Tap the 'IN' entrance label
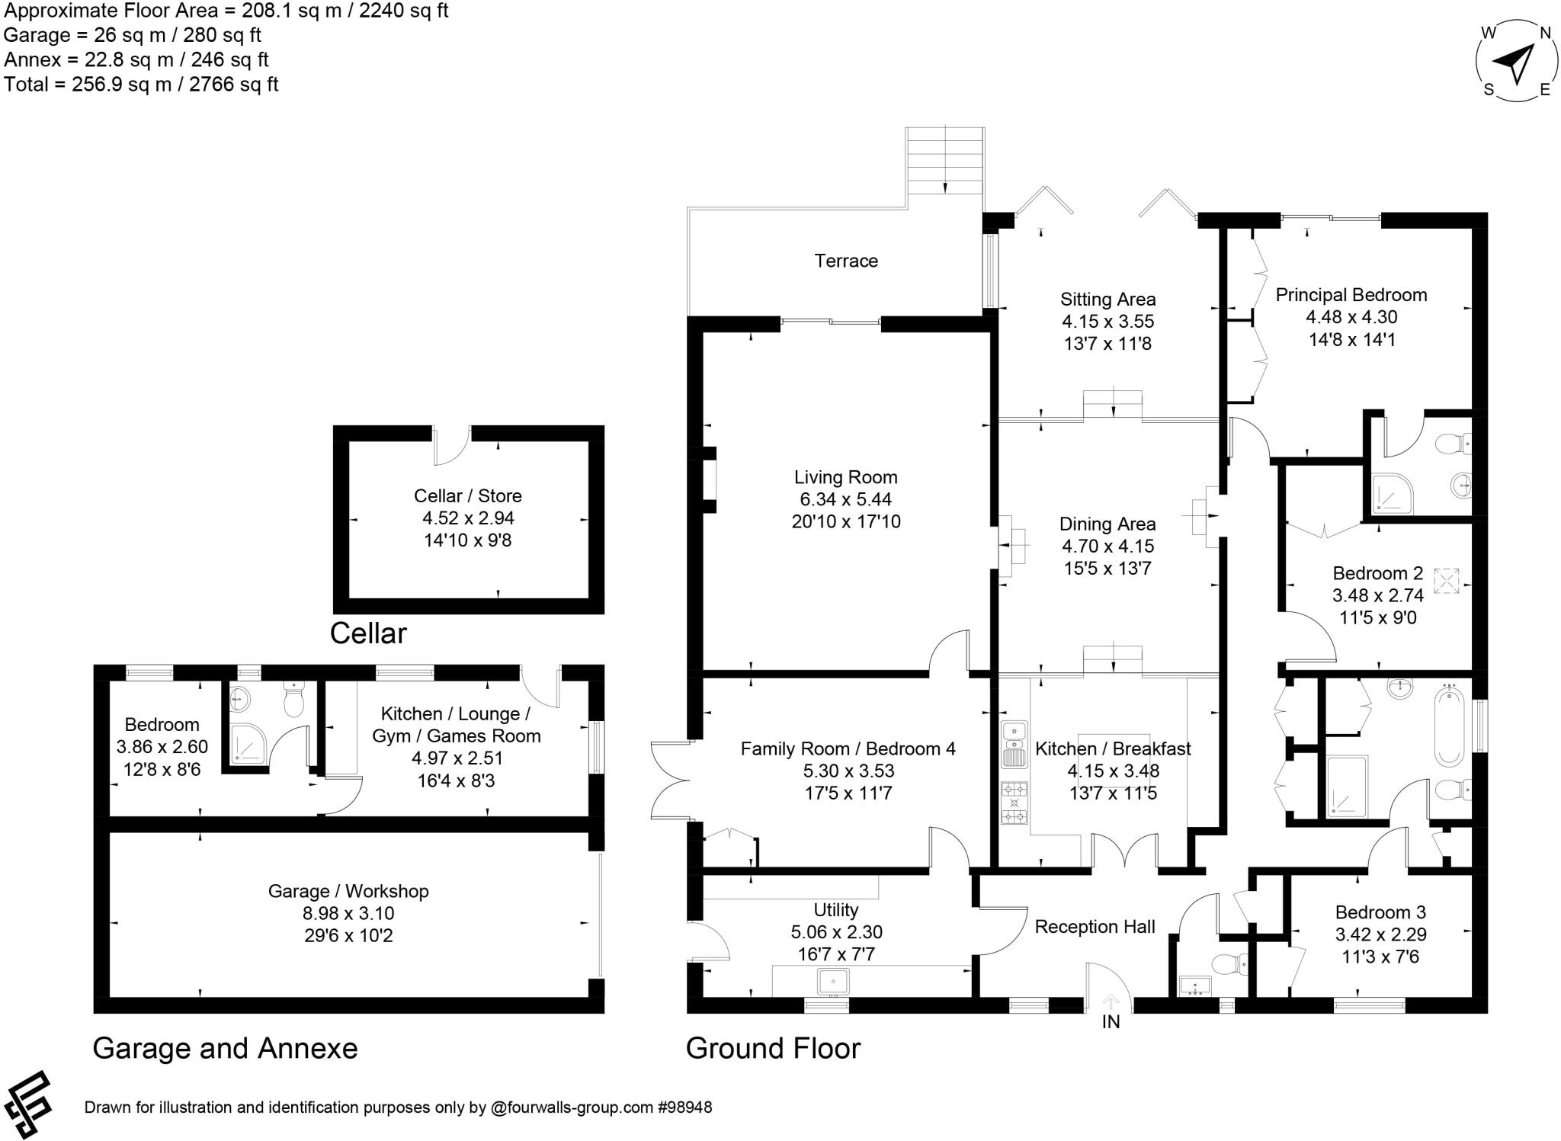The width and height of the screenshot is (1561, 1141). click(1111, 1022)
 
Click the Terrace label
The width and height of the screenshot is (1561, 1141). click(846, 261)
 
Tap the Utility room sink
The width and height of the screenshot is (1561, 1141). click(832, 982)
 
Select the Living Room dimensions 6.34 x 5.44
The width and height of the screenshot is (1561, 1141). click(845, 499)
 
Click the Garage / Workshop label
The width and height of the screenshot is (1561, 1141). click(348, 891)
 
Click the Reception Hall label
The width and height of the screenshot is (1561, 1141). click(1095, 927)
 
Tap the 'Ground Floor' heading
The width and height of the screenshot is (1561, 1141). click(773, 1048)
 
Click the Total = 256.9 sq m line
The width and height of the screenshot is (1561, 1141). click(141, 84)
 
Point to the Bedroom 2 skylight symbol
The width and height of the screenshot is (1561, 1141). click(1446, 580)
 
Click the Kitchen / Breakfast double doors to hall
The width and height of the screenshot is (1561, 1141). click(1125, 851)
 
